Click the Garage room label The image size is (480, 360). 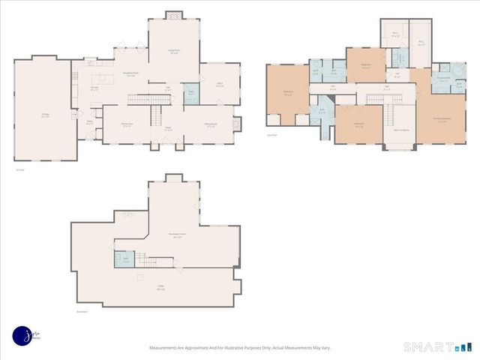pos(45,115)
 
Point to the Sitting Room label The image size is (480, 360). pos(210,124)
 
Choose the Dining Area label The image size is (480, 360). pos(127,124)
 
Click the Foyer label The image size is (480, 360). pos(168,129)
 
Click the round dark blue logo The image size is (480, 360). pos(22,337)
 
